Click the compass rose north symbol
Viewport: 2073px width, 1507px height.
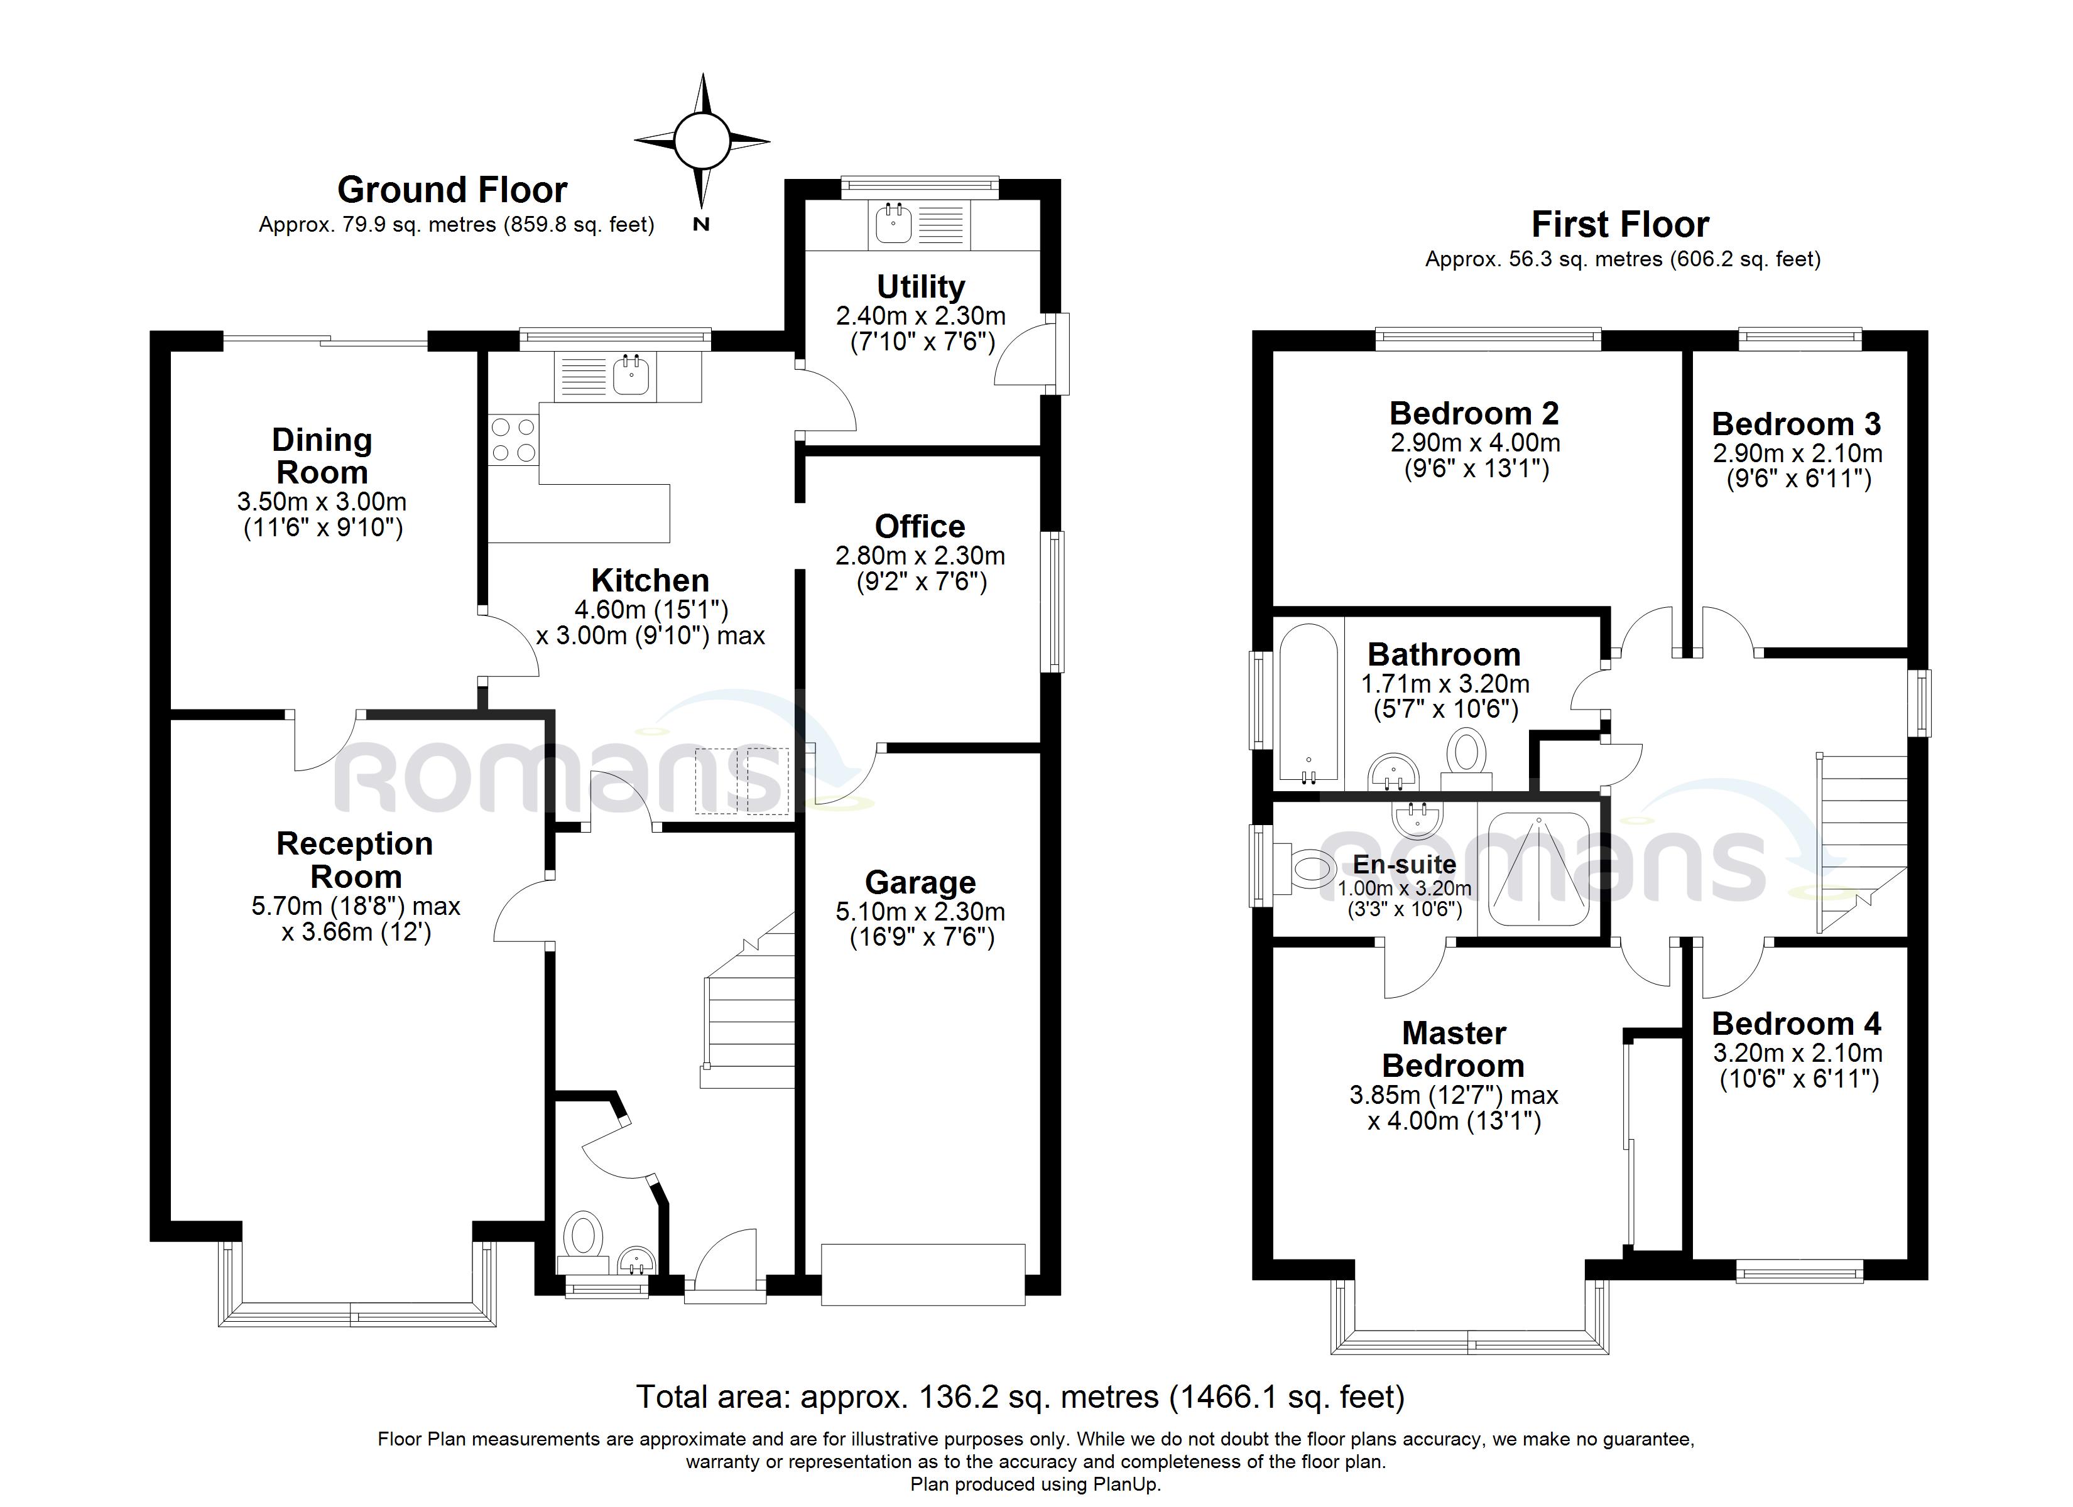[x=702, y=143]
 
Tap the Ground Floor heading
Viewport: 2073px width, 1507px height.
[x=452, y=190]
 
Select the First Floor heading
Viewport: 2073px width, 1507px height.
[x=1619, y=225]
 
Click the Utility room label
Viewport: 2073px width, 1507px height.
[x=920, y=287]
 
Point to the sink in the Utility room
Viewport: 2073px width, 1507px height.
[x=892, y=224]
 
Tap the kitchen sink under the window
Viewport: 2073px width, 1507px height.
[x=631, y=375]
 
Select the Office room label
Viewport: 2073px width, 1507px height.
[x=920, y=526]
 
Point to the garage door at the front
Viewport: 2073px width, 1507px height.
[x=923, y=1274]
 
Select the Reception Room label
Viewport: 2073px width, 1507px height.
[x=355, y=860]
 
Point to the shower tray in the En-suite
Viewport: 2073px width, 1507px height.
[x=1539, y=869]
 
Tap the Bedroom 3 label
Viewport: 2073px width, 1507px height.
[x=1796, y=424]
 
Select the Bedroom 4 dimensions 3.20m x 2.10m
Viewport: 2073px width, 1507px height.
[x=1797, y=1053]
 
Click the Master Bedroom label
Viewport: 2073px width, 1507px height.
[x=1453, y=1049]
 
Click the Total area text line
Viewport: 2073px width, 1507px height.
[x=1020, y=1396]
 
